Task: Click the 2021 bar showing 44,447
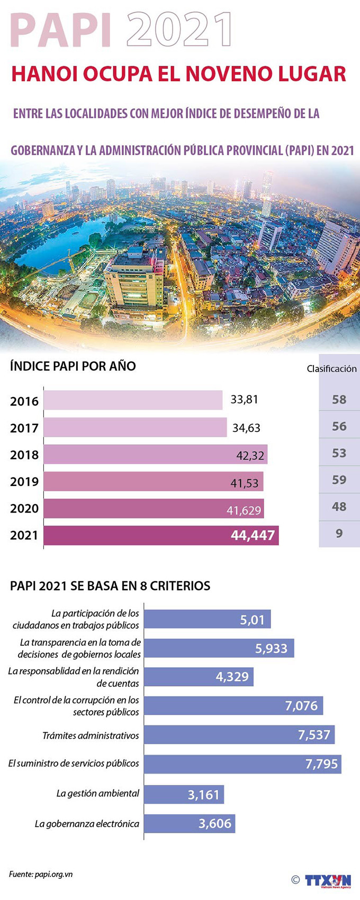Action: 161,535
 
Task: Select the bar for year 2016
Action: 133,400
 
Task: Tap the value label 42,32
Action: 250,455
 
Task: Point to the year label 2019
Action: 24,482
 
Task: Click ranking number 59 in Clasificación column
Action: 339,480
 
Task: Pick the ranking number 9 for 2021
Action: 339,533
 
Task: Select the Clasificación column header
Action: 331,368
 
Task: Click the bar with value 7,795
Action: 242,764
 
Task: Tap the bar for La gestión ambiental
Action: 184,794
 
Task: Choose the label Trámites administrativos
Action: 91,735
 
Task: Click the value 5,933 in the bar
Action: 271,649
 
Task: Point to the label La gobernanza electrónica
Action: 87,824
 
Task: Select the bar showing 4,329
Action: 199,677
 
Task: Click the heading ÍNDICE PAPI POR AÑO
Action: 73,366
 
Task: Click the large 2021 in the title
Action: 179,31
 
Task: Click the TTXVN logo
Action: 328,880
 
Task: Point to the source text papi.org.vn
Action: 53,874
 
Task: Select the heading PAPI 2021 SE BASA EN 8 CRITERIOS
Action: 110,586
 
